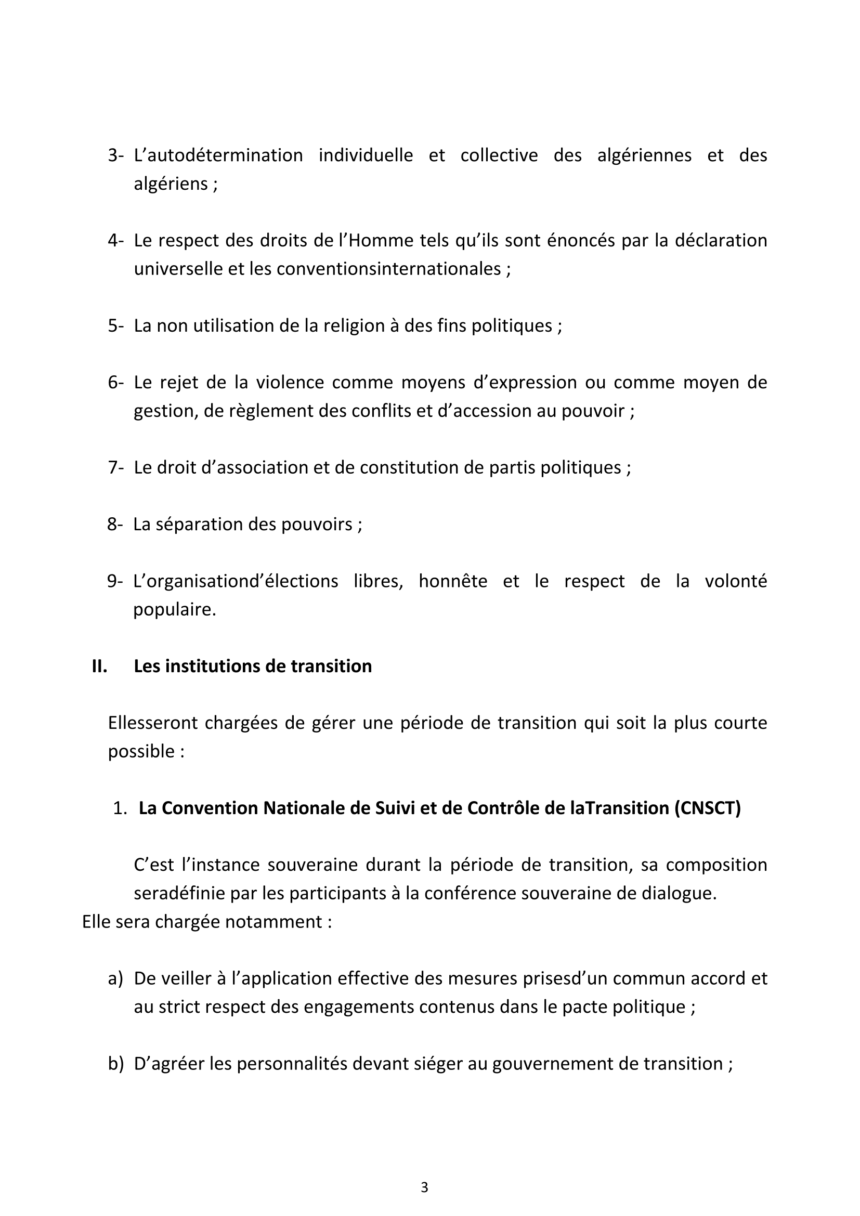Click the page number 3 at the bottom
point(424,1187)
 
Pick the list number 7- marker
point(115,468)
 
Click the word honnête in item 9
point(453,581)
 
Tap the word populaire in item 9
point(174,610)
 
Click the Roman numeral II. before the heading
point(99,666)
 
